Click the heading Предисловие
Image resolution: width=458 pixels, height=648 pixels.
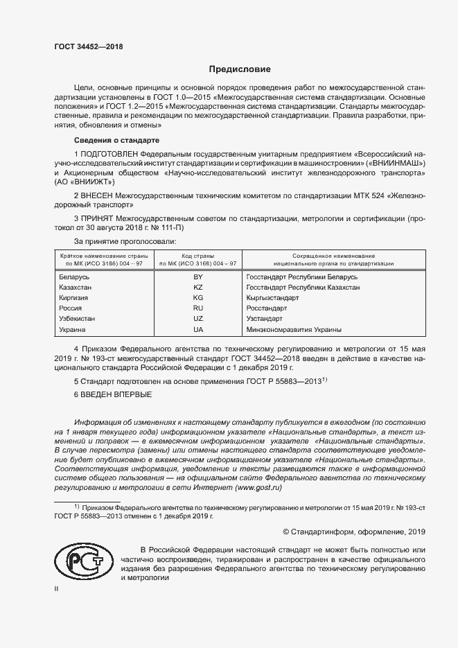pyautogui.click(x=240, y=69)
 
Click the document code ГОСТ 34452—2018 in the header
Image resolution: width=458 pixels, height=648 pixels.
pyautogui.click(x=88, y=46)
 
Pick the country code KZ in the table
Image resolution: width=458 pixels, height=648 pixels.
pyautogui.click(x=197, y=287)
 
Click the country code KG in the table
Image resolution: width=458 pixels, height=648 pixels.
pyautogui.click(x=197, y=297)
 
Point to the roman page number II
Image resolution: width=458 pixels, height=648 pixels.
pyautogui.click(x=57, y=588)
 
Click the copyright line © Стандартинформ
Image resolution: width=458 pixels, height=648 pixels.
pyautogui.click(x=354, y=532)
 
